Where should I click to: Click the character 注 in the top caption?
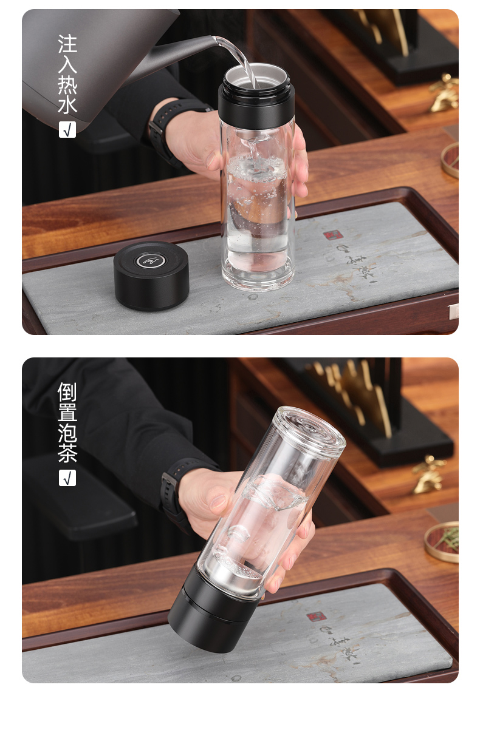(67, 44)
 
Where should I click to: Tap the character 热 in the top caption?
(67, 84)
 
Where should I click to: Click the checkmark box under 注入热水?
(67, 129)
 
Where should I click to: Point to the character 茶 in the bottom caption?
(67, 454)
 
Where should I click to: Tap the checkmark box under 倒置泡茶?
(67, 478)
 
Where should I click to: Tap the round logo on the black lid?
(151, 262)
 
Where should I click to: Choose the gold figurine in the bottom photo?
(429, 474)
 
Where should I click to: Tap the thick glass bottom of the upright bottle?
(258, 276)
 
